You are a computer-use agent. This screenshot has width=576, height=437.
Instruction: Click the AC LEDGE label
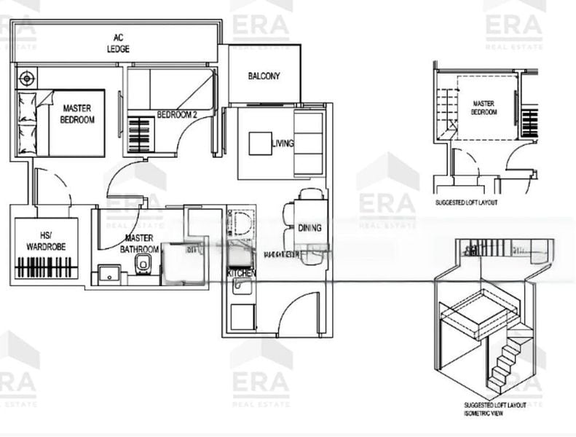pyautogui.click(x=118, y=43)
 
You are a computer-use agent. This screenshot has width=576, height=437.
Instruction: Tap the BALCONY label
pyautogui.click(x=264, y=76)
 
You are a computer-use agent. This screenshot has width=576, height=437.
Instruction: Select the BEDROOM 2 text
pyautogui.click(x=177, y=114)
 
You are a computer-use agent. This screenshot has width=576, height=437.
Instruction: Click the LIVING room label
pyautogui.click(x=283, y=143)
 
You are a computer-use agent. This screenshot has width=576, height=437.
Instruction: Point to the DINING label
pyautogui.click(x=309, y=228)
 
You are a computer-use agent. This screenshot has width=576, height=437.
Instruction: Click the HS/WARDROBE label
pyautogui.click(x=46, y=242)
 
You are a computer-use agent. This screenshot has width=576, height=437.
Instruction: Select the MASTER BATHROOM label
pyautogui.click(x=138, y=243)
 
